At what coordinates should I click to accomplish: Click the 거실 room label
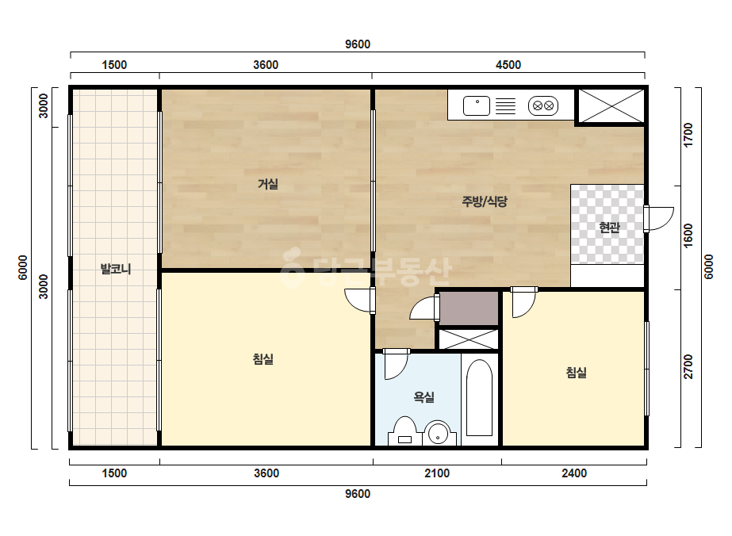(268, 184)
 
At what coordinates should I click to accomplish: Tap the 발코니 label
(116, 269)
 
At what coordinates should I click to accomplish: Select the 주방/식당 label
(485, 201)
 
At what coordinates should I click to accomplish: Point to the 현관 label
(609, 228)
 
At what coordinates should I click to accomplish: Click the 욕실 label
(423, 397)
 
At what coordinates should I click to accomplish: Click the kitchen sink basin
(477, 105)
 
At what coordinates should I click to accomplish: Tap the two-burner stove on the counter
(543, 105)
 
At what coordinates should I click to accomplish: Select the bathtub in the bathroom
(480, 398)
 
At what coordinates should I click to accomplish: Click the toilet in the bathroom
(404, 431)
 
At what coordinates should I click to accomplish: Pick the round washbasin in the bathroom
(439, 433)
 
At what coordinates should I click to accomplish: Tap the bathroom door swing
(396, 364)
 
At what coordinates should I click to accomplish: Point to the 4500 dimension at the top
(508, 65)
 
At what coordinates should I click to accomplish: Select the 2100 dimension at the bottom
(437, 473)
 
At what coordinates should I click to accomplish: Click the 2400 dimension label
(574, 473)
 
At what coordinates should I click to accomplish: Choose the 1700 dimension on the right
(688, 136)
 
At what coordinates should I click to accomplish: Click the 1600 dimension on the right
(688, 236)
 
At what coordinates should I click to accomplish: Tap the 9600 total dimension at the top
(358, 44)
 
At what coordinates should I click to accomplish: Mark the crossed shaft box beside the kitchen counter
(611, 106)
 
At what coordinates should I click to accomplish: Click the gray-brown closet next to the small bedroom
(469, 308)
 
